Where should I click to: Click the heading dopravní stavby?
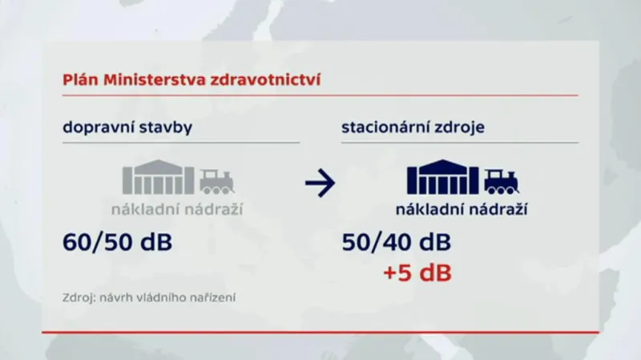127,127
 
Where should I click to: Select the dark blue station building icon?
443,176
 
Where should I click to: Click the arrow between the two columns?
320,184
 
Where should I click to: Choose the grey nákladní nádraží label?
177,210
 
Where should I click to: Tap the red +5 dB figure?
417,273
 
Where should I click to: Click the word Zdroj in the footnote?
78,298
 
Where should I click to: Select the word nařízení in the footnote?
212,298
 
